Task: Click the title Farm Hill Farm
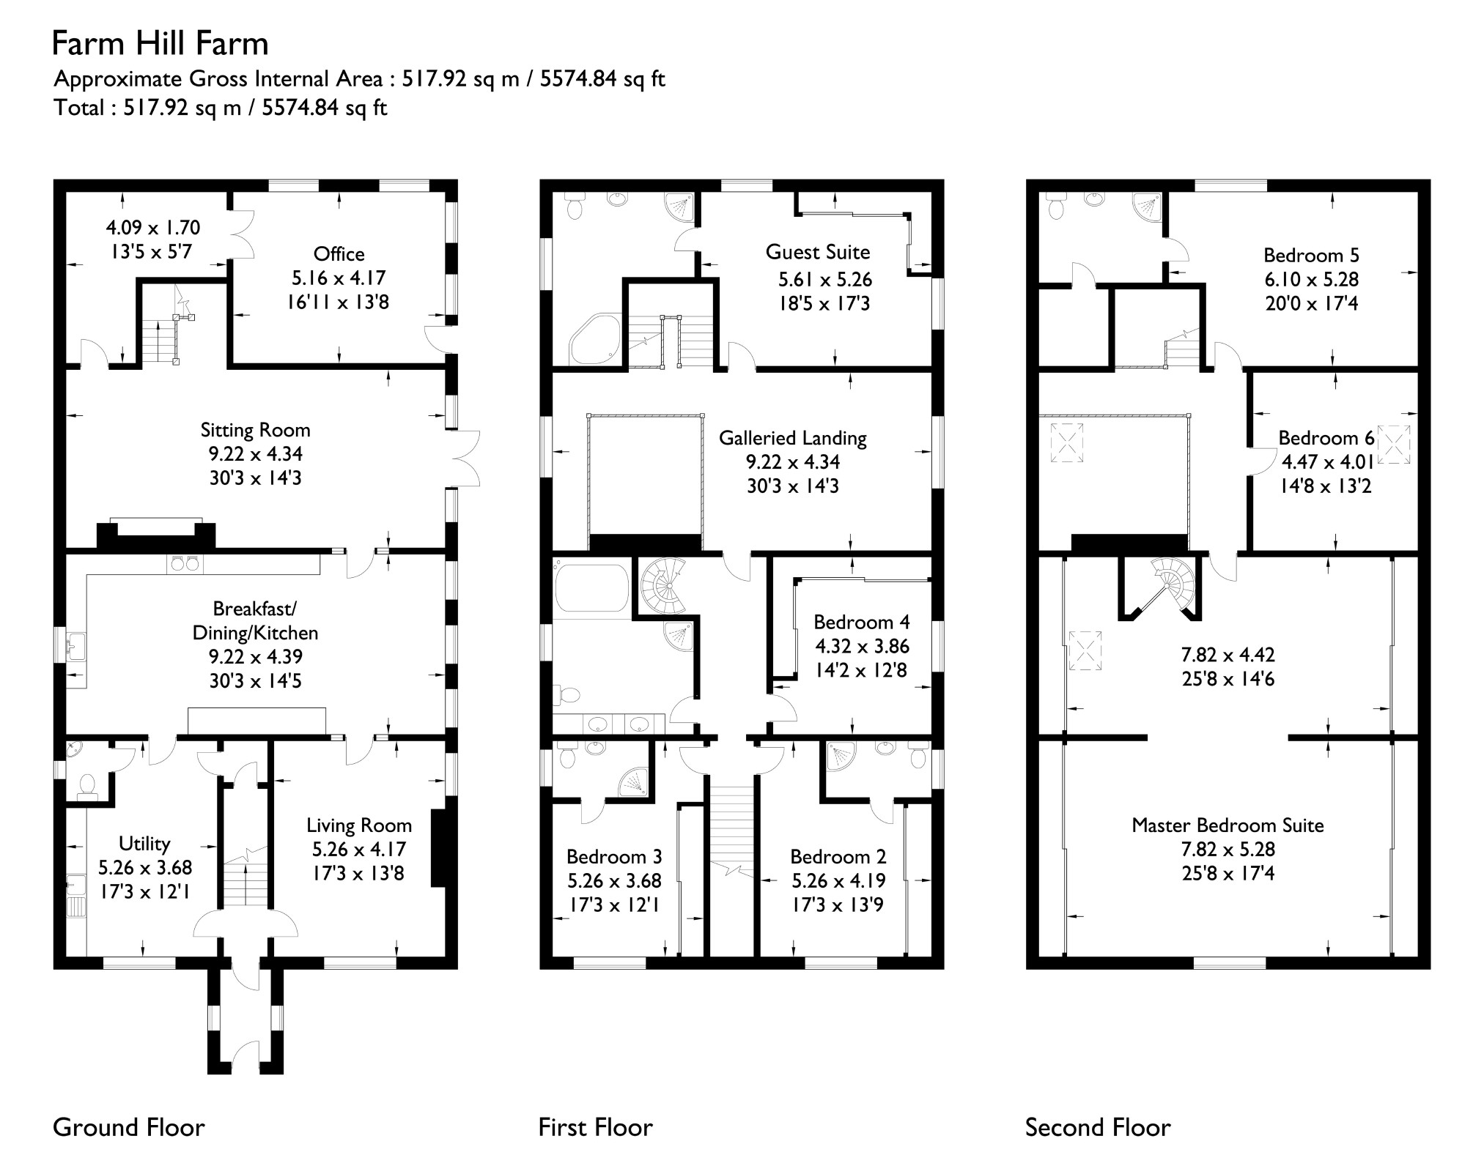[x=160, y=44]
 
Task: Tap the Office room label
[x=339, y=254]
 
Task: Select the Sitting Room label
[x=255, y=430]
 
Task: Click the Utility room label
[x=144, y=844]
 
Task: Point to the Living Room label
[x=358, y=825]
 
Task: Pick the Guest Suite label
[x=817, y=252]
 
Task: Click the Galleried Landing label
[x=792, y=438]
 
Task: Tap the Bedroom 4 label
[x=861, y=622]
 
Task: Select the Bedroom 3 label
[x=613, y=856]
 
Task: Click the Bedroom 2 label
[x=838, y=856]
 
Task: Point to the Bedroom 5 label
[x=1310, y=255]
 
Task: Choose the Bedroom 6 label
[x=1326, y=438]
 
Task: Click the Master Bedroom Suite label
[x=1228, y=825]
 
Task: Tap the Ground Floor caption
[x=129, y=1127]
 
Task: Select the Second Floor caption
[x=1097, y=1127]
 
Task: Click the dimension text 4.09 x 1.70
[x=152, y=228]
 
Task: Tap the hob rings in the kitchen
[x=185, y=563]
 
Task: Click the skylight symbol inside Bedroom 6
[x=1394, y=445]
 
